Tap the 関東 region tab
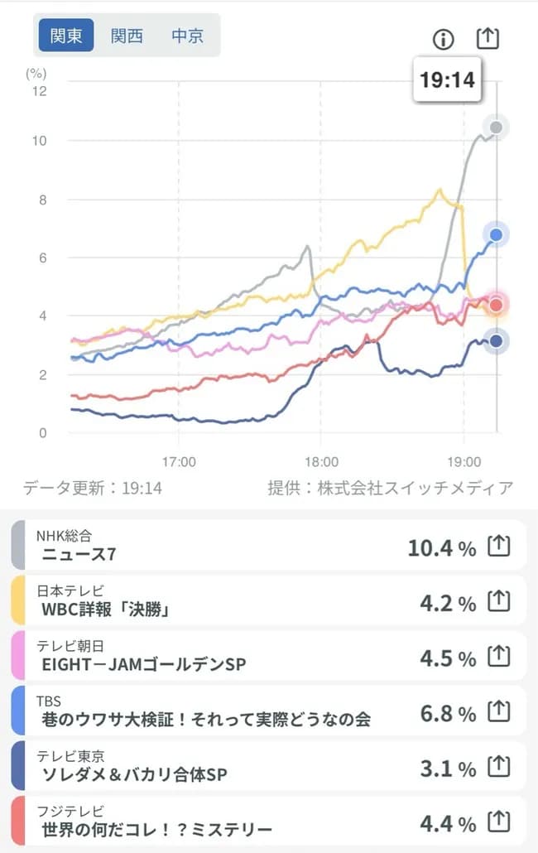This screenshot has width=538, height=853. (66, 36)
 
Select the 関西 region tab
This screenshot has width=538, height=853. (127, 36)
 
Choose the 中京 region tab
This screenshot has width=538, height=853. (188, 36)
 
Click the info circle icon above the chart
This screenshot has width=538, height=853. (444, 39)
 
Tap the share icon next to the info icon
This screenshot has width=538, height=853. (488, 38)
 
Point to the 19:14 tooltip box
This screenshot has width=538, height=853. (446, 80)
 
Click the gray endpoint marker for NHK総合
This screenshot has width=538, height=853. (496, 128)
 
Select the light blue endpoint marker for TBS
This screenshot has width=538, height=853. (496, 235)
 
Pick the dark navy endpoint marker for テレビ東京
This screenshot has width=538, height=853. (496, 340)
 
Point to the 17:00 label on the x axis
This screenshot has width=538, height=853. (179, 460)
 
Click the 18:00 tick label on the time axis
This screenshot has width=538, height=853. (321, 460)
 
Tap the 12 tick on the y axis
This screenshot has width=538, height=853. (39, 89)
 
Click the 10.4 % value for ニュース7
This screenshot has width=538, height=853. (441, 547)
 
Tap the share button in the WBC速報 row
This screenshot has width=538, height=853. (497, 602)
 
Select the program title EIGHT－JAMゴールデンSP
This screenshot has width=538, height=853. (143, 664)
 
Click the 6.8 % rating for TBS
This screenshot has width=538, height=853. (447, 713)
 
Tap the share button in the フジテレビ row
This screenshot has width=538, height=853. (497, 822)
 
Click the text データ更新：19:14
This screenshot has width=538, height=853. (93, 488)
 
